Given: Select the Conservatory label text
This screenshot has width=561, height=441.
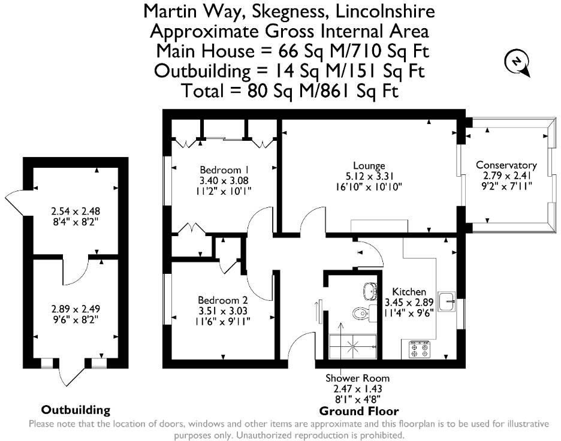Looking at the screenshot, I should (506, 165).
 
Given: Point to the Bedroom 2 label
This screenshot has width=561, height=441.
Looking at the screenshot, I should (223, 299).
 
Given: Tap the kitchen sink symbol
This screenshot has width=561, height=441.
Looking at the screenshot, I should (447, 301).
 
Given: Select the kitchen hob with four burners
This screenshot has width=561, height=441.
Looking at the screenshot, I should (419, 349).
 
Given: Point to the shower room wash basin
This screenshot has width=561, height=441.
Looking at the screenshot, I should (370, 290).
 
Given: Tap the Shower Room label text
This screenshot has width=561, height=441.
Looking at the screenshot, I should (358, 378).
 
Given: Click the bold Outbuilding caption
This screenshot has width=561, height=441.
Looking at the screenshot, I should (76, 410).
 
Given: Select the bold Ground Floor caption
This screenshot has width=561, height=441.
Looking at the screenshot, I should (358, 411).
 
